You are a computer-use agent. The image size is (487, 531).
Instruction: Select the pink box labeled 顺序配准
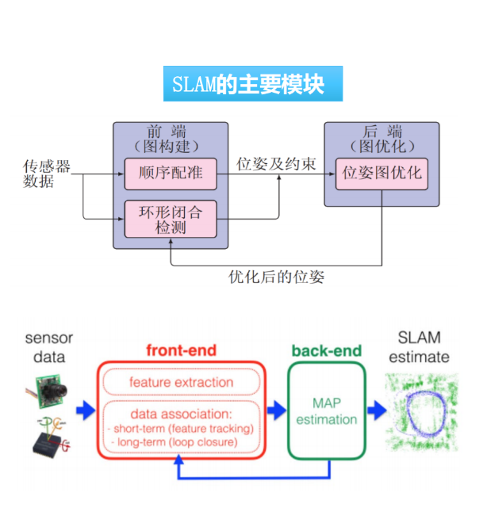pyautogui.click(x=171, y=174)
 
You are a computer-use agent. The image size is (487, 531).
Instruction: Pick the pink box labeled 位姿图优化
pyautogui.click(x=381, y=173)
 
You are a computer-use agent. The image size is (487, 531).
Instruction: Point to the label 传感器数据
pyautogui.click(x=47, y=174)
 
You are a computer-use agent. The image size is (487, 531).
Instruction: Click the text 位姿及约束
pyautogui.click(x=276, y=164)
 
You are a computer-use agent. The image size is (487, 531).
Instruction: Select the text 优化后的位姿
pyautogui.click(x=277, y=277)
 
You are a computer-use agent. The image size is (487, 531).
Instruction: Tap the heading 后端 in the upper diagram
pyautogui.click(x=381, y=132)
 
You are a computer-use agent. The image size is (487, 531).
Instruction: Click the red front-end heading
pyautogui.click(x=180, y=350)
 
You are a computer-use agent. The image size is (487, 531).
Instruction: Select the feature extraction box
pyautogui.click(x=181, y=382)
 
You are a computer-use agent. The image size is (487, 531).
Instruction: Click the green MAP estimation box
pyautogui.click(x=326, y=411)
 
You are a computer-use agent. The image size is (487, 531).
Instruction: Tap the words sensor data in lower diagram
pyautogui.click(x=48, y=347)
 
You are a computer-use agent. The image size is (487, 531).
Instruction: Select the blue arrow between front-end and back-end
pyautogui.click(x=277, y=411)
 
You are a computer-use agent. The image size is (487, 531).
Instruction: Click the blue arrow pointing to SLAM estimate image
pyautogui.click(x=375, y=411)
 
